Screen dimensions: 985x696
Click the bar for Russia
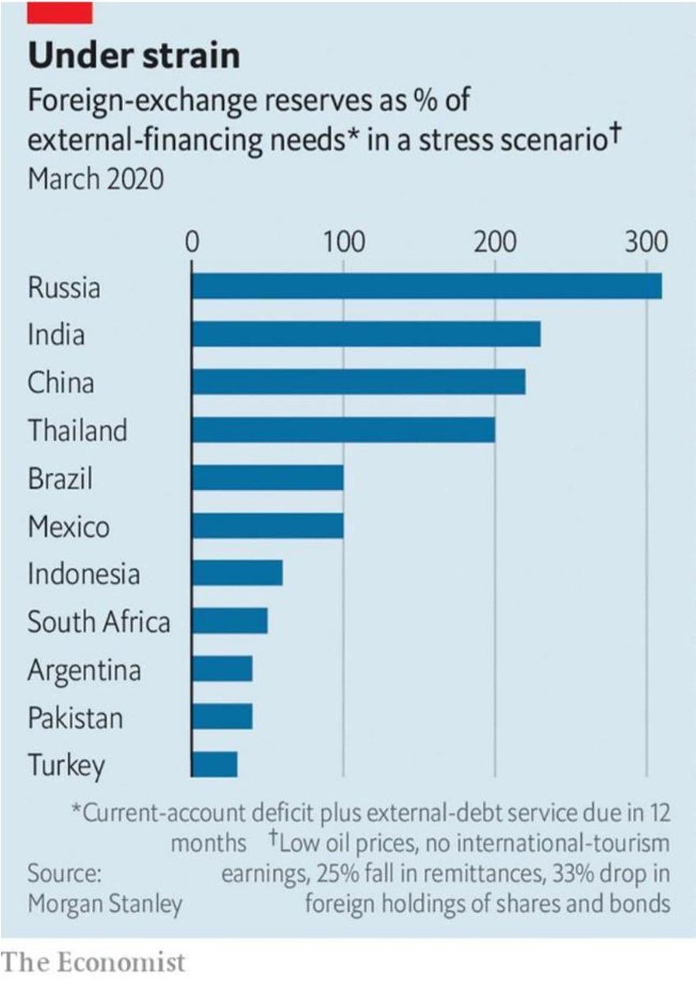coord(426,287)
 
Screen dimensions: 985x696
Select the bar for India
coord(365,335)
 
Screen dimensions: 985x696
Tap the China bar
coord(358,383)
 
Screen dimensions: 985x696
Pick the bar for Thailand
coord(343,430)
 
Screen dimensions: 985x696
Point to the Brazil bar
coord(267,478)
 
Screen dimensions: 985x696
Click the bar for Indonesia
coord(236,573)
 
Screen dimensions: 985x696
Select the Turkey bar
coord(214,764)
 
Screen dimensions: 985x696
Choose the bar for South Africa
coord(229,621)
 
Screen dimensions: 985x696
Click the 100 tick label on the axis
coord(342,244)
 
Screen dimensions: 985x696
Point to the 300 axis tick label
coord(645,244)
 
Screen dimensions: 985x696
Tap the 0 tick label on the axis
coord(191,244)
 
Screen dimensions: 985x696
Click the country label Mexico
coord(68,526)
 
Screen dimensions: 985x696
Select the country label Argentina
coord(85,670)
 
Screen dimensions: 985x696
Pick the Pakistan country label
coord(76,718)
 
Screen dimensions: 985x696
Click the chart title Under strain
coord(135,56)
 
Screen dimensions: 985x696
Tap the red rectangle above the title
coord(60,12)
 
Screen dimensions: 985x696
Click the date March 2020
coord(95,178)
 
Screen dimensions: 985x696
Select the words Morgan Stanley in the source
coord(105,904)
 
